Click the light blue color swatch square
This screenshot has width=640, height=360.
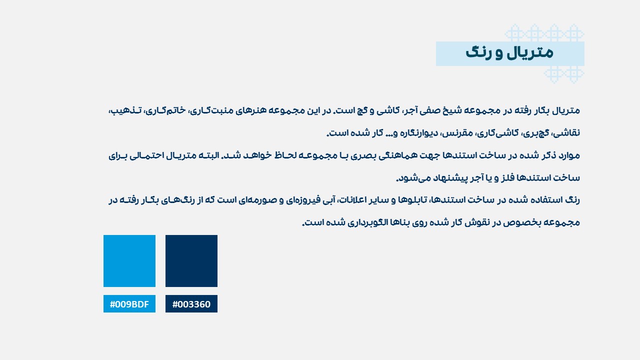pyautogui.click(x=129, y=261)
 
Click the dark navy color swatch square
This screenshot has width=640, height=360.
pyautogui.click(x=191, y=261)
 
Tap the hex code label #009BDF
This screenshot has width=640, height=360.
pyautogui.click(x=129, y=304)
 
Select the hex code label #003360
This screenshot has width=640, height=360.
pyautogui.click(x=191, y=304)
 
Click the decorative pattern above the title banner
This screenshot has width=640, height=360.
pyautogui.click(x=544, y=32)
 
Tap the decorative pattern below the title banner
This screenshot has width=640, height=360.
pyautogui.click(x=564, y=74)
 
